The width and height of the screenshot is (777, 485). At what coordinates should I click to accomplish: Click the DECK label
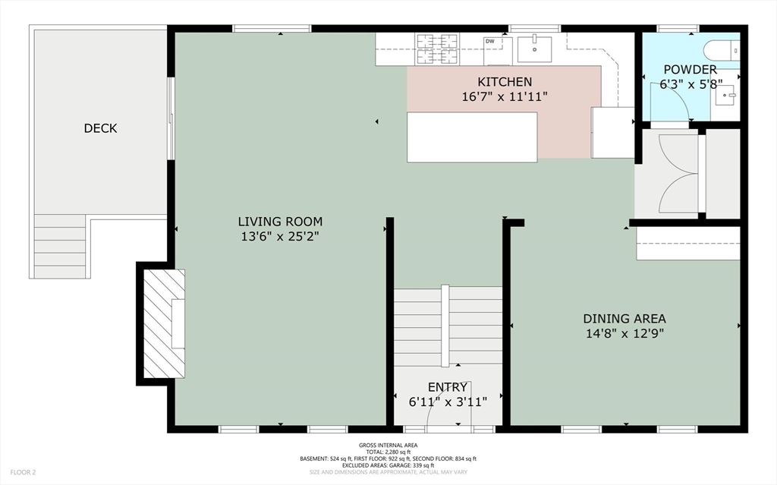(x=100, y=128)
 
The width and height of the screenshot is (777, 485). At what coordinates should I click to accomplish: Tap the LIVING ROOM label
(x=280, y=222)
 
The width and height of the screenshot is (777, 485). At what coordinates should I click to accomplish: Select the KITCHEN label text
(x=505, y=82)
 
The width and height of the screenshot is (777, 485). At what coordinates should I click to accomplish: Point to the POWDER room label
(x=690, y=70)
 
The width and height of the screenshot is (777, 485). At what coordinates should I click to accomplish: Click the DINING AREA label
(x=624, y=318)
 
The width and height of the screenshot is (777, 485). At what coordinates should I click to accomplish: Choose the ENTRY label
(x=448, y=387)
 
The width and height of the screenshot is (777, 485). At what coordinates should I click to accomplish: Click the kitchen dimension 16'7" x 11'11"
(x=505, y=96)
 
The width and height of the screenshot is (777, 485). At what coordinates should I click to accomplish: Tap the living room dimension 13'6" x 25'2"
(x=280, y=237)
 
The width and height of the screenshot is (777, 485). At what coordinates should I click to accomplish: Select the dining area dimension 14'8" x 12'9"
(x=624, y=333)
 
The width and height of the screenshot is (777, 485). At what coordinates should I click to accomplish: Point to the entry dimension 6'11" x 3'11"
(x=448, y=402)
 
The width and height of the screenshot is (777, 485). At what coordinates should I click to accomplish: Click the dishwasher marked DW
(x=498, y=51)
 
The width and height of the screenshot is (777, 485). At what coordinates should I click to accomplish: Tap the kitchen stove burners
(x=437, y=49)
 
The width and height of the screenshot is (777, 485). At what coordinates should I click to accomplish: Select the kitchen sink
(x=534, y=49)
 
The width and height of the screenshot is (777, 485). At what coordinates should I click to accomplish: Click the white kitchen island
(x=472, y=137)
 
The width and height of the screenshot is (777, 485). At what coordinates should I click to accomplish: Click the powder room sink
(x=727, y=95)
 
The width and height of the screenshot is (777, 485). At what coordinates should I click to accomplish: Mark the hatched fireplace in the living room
(x=164, y=324)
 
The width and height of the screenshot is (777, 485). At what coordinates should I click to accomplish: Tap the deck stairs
(x=60, y=247)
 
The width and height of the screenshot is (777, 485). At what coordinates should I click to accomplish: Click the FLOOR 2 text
(x=23, y=473)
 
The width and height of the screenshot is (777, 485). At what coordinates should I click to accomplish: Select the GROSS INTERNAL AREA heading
(x=388, y=446)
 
